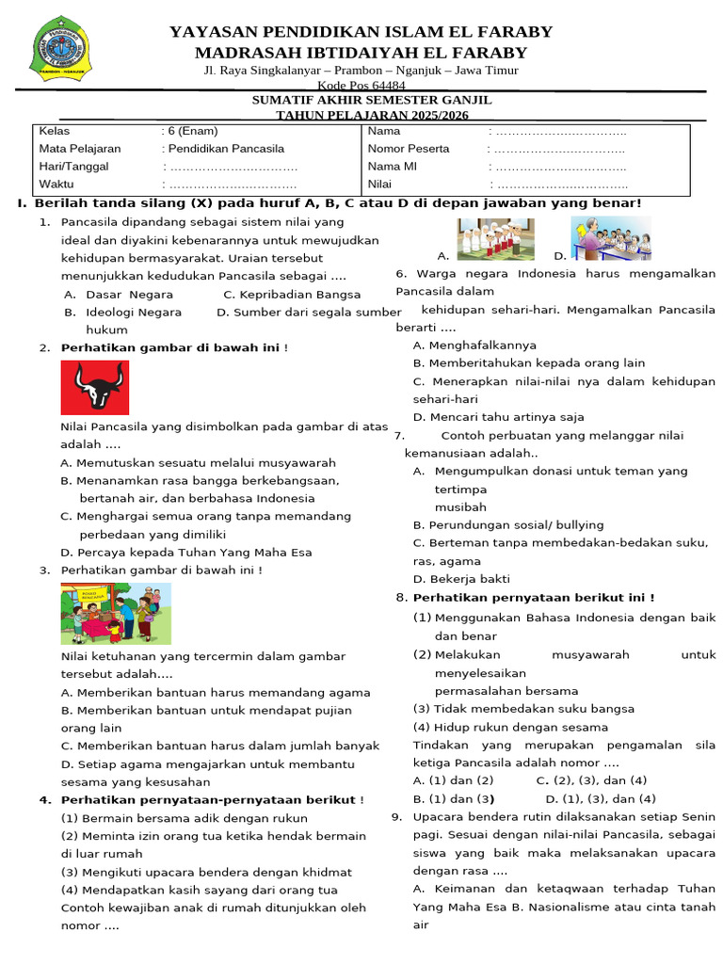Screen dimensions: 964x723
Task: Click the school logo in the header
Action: (x=64, y=53)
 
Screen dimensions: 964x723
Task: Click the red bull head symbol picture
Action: (x=95, y=388)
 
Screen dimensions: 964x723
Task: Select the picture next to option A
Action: (x=495, y=239)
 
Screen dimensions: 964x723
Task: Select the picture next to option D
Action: (x=611, y=238)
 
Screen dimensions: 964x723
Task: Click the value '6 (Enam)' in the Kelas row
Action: (x=191, y=131)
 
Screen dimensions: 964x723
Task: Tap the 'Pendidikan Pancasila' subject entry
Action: (x=224, y=149)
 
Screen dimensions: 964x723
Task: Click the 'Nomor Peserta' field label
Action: (x=408, y=149)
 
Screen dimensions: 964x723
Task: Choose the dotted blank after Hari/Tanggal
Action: (x=231, y=167)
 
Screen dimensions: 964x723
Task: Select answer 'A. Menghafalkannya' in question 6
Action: (x=474, y=345)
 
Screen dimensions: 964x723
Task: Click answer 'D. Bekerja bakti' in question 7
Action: (x=462, y=579)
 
